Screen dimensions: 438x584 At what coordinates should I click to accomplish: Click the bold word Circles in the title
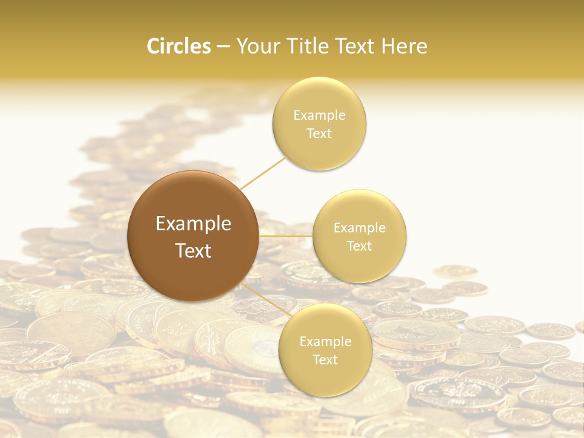(179, 46)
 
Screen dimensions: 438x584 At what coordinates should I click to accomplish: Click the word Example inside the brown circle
(193, 224)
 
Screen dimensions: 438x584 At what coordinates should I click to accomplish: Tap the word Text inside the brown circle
(193, 251)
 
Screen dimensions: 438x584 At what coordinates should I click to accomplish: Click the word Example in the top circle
(319, 116)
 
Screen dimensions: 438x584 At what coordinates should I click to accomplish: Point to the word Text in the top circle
(319, 134)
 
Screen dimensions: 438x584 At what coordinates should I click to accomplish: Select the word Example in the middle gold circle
(360, 228)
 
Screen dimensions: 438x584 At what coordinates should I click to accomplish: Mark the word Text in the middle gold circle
(360, 246)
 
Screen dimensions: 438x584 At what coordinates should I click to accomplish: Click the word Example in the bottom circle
(325, 342)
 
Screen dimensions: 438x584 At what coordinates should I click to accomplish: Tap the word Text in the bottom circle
(325, 360)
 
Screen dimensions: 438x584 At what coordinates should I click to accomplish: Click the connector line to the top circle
(263, 173)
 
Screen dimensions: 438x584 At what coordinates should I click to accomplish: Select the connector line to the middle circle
(285, 235)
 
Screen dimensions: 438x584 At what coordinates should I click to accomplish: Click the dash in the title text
(223, 47)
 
